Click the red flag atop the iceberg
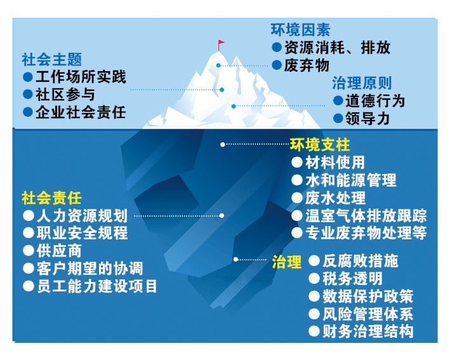point(221,44)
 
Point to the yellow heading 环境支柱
point(320,144)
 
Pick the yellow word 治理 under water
point(286,262)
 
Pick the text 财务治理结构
point(369,331)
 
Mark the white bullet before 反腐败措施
point(314,260)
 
